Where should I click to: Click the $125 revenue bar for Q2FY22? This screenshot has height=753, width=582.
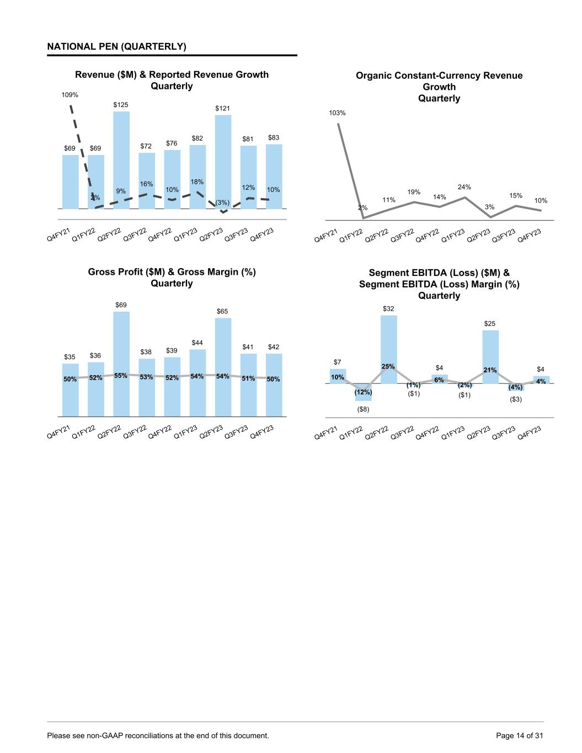(121, 160)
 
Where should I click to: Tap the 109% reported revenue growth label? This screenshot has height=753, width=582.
(70, 95)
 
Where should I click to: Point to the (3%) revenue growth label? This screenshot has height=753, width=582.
(222, 202)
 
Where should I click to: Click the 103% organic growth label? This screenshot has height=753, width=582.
(337, 113)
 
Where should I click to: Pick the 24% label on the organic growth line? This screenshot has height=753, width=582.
(464, 188)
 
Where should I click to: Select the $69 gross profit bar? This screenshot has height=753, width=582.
(121, 364)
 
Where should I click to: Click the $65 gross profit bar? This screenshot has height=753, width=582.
(223, 367)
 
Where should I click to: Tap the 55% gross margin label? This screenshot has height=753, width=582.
(121, 376)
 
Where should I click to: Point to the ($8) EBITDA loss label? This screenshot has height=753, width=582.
(363, 409)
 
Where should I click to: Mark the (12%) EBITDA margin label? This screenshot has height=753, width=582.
(363, 392)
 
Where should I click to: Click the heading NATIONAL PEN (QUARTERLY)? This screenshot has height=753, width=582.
(116, 47)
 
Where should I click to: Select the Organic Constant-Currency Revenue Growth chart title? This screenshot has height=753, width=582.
(439, 87)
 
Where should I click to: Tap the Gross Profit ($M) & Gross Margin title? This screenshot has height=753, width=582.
(172, 277)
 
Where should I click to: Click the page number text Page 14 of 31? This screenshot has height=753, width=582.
(519, 735)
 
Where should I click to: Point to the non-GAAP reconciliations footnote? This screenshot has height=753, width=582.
(158, 735)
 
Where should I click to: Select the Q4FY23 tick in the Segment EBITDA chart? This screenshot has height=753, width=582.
(529, 434)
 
